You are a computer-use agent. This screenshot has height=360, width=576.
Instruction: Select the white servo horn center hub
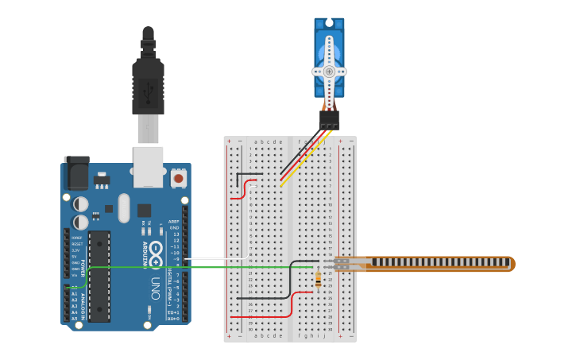click(x=329, y=71)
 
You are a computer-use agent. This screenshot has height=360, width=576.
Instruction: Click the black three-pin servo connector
click(x=329, y=120)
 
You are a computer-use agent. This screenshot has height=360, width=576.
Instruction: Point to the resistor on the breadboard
click(x=319, y=280)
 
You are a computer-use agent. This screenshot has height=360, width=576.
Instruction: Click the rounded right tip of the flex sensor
click(x=511, y=264)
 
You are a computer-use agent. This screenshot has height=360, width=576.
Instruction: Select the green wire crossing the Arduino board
click(x=199, y=267)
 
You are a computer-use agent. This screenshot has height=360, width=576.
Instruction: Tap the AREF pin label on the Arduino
click(x=173, y=222)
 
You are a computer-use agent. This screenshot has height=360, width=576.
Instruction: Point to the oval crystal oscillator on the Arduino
click(x=123, y=208)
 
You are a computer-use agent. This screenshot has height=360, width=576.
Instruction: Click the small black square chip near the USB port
click(x=144, y=211)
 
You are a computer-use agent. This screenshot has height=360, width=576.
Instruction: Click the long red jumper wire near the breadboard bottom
click(x=262, y=316)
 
